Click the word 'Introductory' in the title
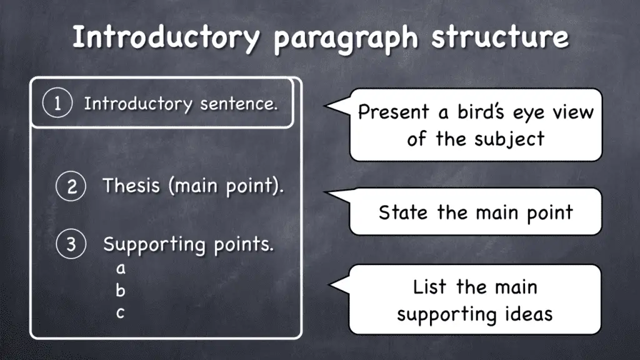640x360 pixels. click(164, 38)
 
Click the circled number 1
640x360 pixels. click(56, 103)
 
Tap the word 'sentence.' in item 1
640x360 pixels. click(239, 104)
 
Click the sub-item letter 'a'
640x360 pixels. click(121, 269)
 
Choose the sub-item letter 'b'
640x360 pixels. click(121, 291)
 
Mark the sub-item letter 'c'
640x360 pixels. click(121, 313)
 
